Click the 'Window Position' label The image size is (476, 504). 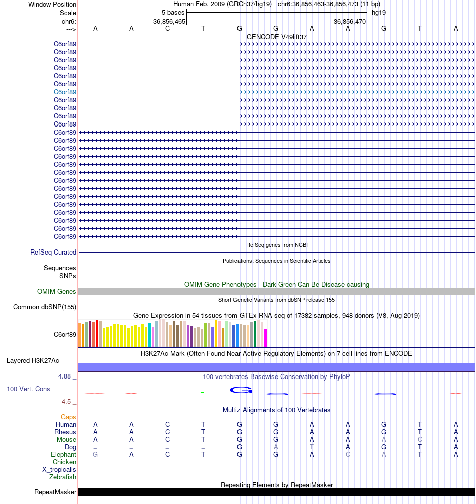(52, 4)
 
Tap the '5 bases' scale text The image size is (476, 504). (173, 12)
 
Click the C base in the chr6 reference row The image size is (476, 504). (167, 28)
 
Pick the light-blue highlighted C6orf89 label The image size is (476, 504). (65, 92)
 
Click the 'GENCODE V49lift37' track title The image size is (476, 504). (277, 37)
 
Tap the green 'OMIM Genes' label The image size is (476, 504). (57, 291)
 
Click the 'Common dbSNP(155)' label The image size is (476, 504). (45, 307)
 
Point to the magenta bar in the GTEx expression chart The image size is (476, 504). (266, 338)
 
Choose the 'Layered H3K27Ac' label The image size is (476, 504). (33, 360)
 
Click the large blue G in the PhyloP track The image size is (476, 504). (241, 390)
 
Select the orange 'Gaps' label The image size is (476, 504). (68, 417)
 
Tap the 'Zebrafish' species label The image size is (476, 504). (63, 477)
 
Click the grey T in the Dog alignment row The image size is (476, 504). (312, 447)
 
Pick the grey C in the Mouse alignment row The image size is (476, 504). (420, 439)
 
